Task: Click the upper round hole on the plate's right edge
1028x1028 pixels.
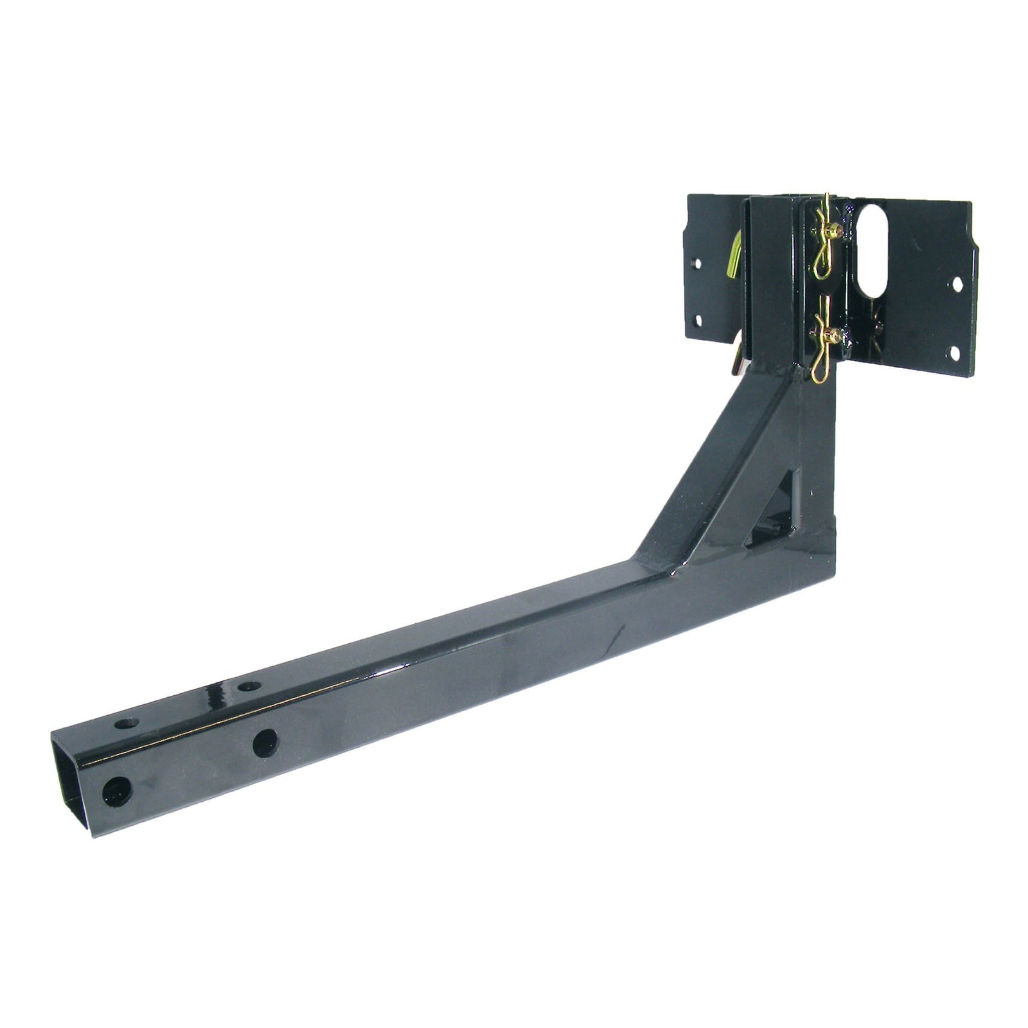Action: coord(957,283)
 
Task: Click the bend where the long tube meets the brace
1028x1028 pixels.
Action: coord(642,565)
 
